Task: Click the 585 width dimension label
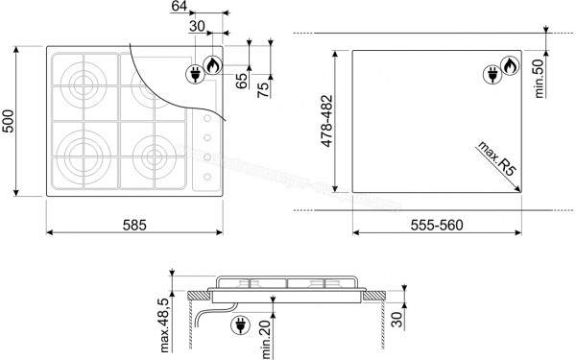[134, 225]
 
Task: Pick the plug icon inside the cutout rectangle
[494, 72]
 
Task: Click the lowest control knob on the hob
[205, 177]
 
